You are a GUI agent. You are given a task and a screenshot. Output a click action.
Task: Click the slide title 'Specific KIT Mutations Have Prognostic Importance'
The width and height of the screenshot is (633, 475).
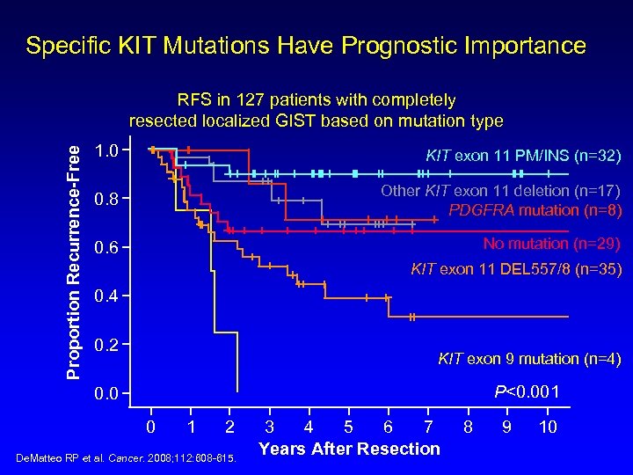pyautogui.click(x=306, y=46)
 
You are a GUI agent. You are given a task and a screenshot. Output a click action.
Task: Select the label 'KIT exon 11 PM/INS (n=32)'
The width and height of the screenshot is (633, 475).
pyautogui.click(x=523, y=157)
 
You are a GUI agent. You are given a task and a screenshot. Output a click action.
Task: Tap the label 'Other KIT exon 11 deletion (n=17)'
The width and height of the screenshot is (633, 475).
pyautogui.click(x=500, y=191)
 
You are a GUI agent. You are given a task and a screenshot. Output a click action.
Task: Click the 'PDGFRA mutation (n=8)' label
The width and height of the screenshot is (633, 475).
pyautogui.click(x=535, y=210)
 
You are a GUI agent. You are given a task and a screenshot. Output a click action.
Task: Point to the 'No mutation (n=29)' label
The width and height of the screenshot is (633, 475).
pyautogui.click(x=552, y=244)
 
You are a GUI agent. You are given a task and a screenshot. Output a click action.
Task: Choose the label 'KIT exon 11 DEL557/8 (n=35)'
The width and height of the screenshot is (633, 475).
pyautogui.click(x=516, y=270)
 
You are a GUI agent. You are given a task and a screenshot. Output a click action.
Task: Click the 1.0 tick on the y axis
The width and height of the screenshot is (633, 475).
pyautogui.click(x=106, y=150)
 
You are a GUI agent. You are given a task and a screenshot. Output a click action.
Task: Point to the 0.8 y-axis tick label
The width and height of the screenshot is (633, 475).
pyautogui.click(x=106, y=201)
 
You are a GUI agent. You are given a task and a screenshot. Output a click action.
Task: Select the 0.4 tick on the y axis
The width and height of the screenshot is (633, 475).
pyautogui.click(x=106, y=296)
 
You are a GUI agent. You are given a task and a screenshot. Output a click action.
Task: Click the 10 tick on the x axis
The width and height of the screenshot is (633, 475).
pyautogui.click(x=548, y=428)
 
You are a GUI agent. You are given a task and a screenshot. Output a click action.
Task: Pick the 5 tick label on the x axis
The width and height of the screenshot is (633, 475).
pyautogui.click(x=347, y=428)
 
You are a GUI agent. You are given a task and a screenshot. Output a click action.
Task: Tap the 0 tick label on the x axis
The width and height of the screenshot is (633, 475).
pyautogui.click(x=150, y=428)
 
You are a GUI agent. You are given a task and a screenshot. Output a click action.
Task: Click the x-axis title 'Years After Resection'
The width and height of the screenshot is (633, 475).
pyautogui.click(x=349, y=449)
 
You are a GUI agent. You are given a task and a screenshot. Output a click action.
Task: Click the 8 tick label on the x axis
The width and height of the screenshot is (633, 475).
pyautogui.click(x=468, y=428)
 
